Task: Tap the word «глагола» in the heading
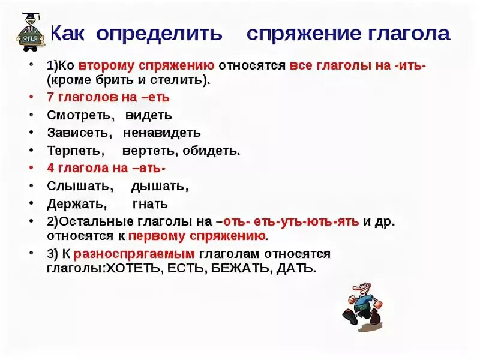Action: click(406, 34)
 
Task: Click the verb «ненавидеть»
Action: click(162, 133)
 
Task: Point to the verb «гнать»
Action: click(150, 204)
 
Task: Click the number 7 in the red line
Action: click(50, 97)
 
